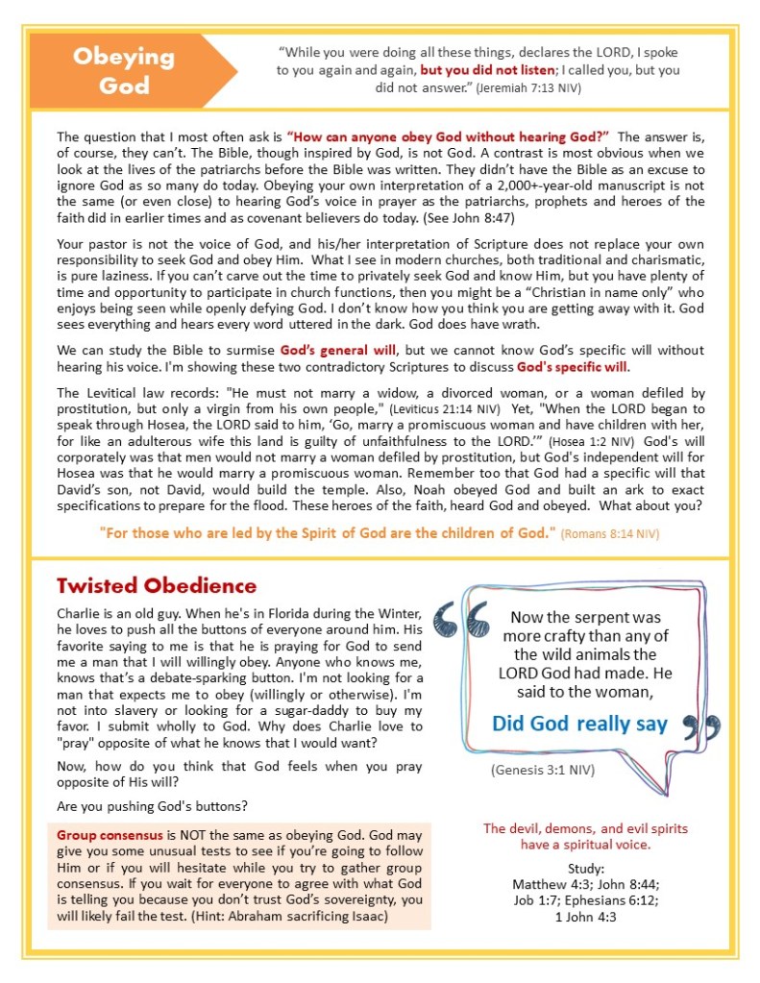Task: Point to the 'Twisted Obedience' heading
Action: (x=157, y=585)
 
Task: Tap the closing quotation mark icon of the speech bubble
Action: (x=699, y=726)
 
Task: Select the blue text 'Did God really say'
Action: (x=579, y=724)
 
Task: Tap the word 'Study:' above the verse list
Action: (x=585, y=869)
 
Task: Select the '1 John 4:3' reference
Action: (x=585, y=917)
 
